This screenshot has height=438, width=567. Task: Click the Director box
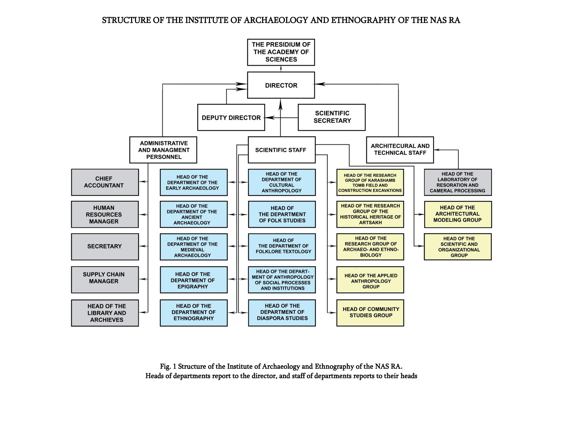[x=281, y=85]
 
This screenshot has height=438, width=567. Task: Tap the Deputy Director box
[x=231, y=117]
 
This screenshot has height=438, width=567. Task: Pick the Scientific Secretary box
[x=332, y=117]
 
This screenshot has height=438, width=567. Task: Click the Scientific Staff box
[x=282, y=150]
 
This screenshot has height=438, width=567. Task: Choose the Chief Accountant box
[x=105, y=182]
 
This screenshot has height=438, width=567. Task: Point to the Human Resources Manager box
[x=105, y=214]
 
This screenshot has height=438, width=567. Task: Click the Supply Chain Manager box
[x=105, y=279]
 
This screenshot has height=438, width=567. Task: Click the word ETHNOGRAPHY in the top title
[x=363, y=20]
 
